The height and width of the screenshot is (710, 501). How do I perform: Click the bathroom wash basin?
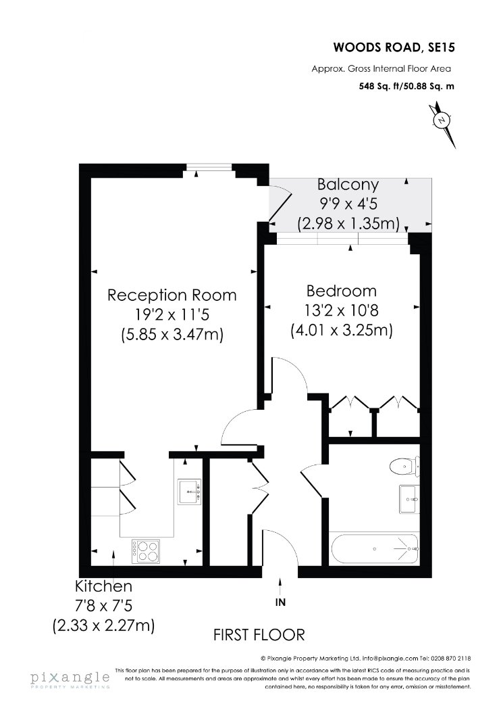pos(408,499)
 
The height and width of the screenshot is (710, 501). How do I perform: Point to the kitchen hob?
pos(146,550)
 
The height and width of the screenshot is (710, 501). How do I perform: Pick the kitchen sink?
pos(188,491)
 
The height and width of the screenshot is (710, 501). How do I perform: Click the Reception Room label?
pos(172,295)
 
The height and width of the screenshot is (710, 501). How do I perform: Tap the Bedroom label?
pos(341,291)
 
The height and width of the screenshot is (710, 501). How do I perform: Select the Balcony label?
pos(348,184)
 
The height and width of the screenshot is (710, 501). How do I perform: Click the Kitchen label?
pos(103,586)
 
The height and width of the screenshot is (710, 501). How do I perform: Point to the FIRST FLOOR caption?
pos(259,635)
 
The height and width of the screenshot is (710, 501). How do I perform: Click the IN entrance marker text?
pos(280,602)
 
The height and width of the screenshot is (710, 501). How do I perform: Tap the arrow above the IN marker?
pos(280,585)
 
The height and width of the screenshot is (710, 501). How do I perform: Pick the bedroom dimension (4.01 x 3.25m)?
pos(341,331)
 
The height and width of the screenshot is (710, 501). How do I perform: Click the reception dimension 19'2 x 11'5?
pos(172,314)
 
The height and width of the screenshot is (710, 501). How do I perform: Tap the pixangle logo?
pos(69,678)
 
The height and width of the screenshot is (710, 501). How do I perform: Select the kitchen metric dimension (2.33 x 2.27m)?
pos(103,625)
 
